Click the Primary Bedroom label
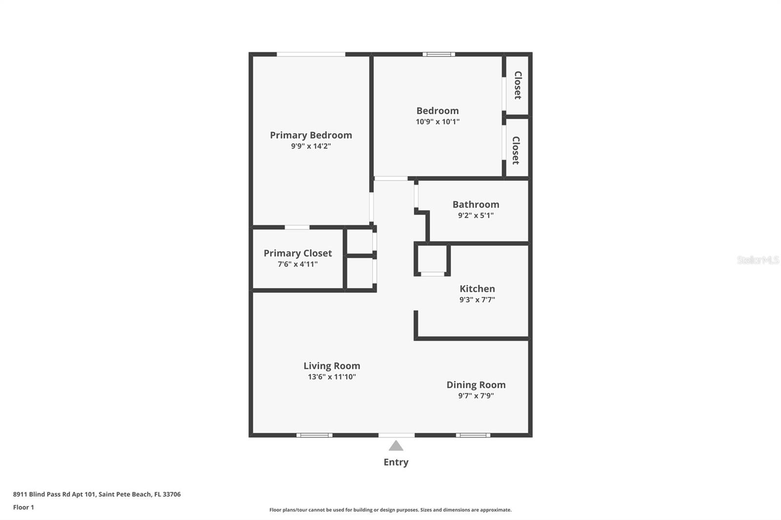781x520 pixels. point(311,135)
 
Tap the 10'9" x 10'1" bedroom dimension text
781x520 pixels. point(437,121)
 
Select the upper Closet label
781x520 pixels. point(518,85)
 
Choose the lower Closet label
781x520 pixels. point(516,150)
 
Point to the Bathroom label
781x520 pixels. point(475,204)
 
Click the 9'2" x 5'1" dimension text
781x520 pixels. point(475,215)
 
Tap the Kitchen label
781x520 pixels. point(477,289)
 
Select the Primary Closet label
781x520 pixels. point(297,253)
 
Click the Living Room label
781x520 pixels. point(331,366)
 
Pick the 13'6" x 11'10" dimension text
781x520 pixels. point(331,377)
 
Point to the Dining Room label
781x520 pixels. point(475,385)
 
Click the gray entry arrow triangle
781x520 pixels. point(396,446)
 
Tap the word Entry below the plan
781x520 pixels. point(396,462)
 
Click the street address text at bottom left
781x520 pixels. point(97,494)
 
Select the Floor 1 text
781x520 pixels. point(23,507)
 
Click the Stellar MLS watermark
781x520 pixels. point(758,260)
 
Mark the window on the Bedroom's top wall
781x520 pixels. point(438,54)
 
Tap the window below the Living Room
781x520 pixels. point(314,435)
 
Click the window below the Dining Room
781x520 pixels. point(473,435)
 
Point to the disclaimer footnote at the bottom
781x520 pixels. point(390,510)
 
